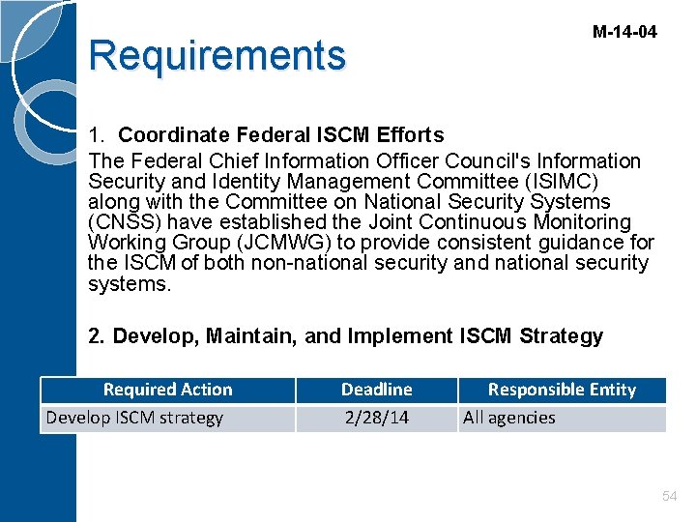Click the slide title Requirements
click(x=217, y=55)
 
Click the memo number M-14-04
click(x=623, y=32)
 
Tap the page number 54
click(x=669, y=496)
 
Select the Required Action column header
click(x=167, y=390)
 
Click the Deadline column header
click(x=376, y=390)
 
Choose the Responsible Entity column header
click(x=562, y=390)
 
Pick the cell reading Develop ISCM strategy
click(x=134, y=418)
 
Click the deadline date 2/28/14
click(x=376, y=418)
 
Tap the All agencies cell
click(x=509, y=418)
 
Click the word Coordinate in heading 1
click(x=174, y=134)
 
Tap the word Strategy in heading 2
click(x=561, y=336)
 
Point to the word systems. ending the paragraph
click(x=129, y=283)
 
